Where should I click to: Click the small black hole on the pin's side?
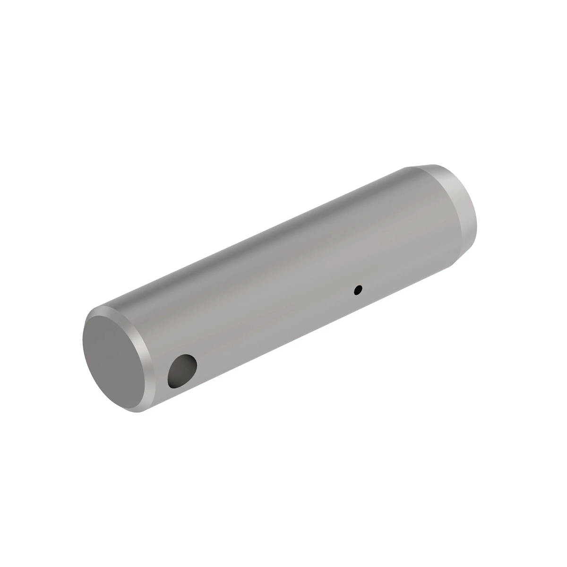359,289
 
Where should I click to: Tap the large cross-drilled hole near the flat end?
182,371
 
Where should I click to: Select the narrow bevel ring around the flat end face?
142,340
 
